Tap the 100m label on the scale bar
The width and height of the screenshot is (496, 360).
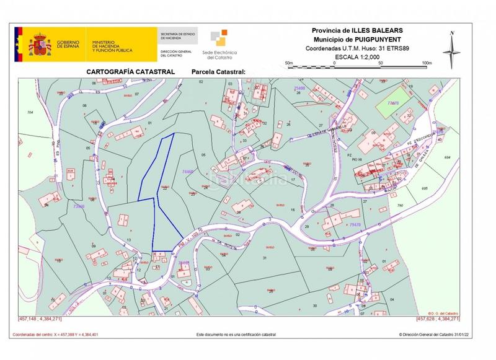coord(426,63)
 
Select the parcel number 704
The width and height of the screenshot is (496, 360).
coord(29,112)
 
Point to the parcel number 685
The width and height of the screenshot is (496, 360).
coord(424,188)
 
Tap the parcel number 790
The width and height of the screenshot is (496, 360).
coord(401,205)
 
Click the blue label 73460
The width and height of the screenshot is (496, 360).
coord(79,206)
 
